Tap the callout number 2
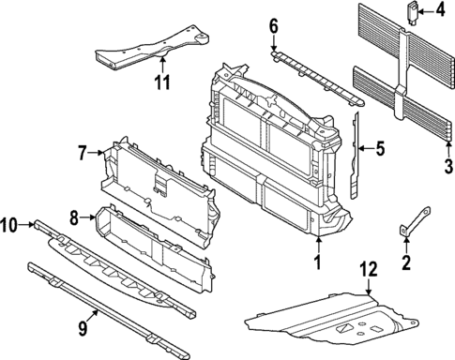point(406,263)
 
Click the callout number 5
point(381,147)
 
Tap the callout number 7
point(82,150)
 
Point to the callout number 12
point(369,269)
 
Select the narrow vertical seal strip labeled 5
point(356,155)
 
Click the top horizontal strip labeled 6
point(314,74)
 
